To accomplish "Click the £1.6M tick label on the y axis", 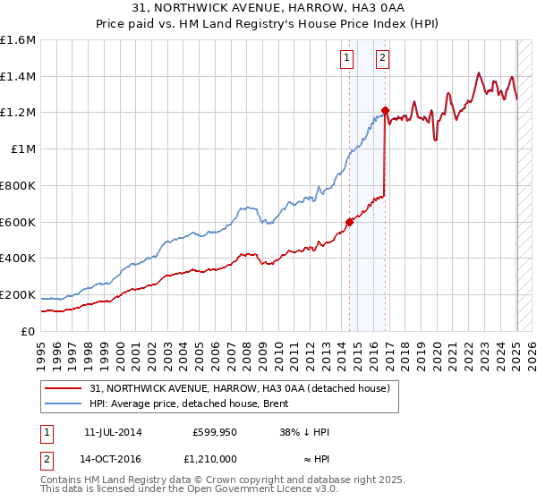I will (x=18, y=40).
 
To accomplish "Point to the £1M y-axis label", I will (x=23, y=149).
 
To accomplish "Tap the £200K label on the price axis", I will (x=18, y=294).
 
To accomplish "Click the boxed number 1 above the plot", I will (x=346, y=59).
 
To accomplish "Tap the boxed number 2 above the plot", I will (x=382, y=59).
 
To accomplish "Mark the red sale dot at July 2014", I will (x=350, y=223).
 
